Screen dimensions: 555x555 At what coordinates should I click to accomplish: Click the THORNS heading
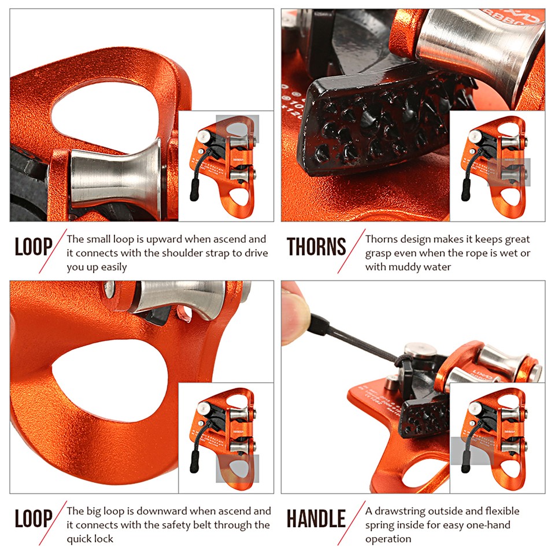coord(316,247)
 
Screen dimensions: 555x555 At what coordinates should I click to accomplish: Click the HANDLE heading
coord(316,519)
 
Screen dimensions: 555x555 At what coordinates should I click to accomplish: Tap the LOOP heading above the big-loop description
coord(34,519)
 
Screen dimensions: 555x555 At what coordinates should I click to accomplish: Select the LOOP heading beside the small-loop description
coord(34,247)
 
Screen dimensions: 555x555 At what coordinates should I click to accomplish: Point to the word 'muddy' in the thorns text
coord(404,267)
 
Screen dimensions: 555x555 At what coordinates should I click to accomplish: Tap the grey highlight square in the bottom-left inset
coord(238,468)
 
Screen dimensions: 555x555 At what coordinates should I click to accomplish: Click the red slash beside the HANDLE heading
coord(356,519)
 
